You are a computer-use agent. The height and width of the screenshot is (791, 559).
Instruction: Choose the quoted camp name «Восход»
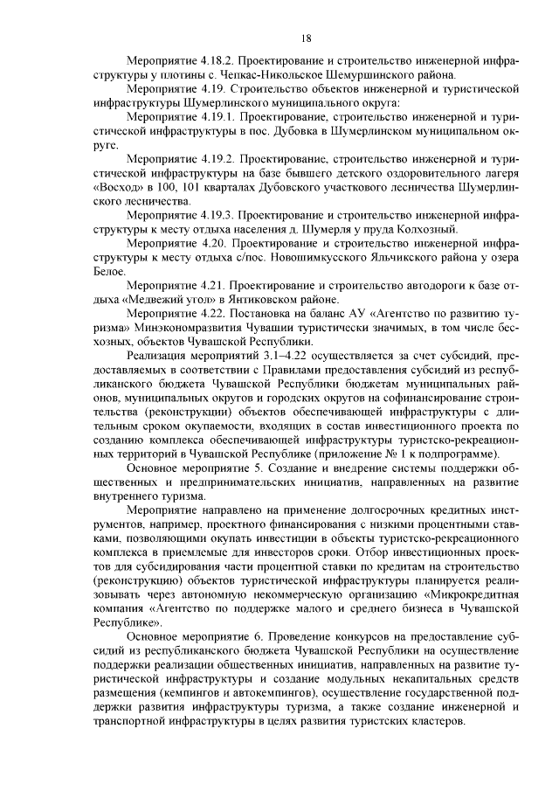coord(115,187)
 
